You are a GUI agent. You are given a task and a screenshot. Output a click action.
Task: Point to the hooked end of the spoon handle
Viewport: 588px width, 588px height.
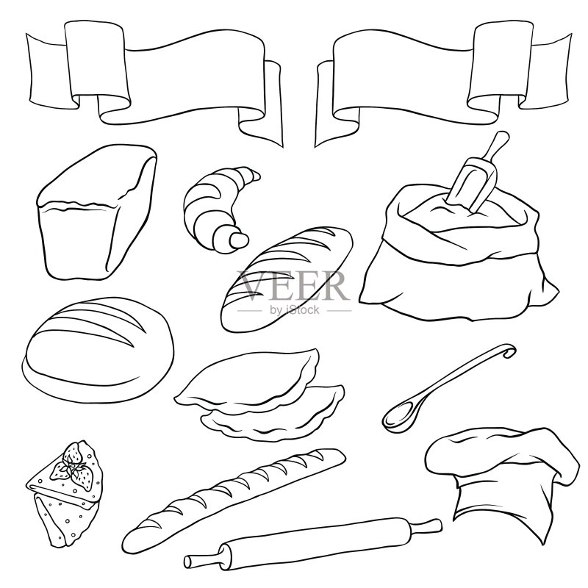pos(509,351)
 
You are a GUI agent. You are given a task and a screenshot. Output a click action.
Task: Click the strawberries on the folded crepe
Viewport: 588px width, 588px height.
pos(73,466)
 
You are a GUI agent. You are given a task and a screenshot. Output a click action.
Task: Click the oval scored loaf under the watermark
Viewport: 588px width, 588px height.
pos(287,279)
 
